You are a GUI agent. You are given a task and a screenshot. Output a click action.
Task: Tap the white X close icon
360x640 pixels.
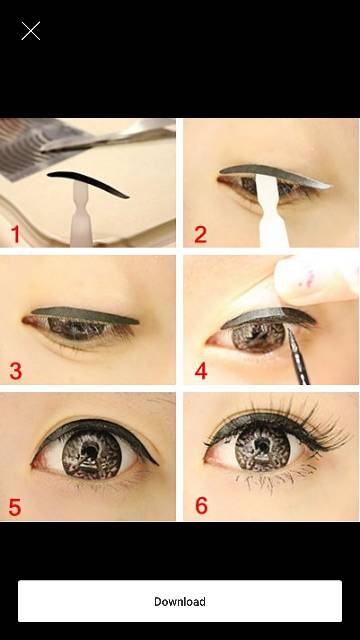click(x=31, y=31)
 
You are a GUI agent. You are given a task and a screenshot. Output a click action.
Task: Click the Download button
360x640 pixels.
click(x=180, y=601)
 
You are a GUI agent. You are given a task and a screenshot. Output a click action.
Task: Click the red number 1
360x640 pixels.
click(x=15, y=235)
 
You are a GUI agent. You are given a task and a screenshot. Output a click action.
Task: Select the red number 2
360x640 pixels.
click(x=200, y=235)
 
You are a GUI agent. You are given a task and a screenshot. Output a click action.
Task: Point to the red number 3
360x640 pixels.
click(x=16, y=371)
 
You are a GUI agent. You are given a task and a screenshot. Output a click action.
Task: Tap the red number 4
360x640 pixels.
click(x=201, y=371)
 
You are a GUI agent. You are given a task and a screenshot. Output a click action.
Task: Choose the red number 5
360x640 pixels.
click(x=15, y=507)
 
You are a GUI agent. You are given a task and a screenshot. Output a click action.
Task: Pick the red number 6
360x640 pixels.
click(x=201, y=505)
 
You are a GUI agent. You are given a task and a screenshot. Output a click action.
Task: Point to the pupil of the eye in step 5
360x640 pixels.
click(x=89, y=450)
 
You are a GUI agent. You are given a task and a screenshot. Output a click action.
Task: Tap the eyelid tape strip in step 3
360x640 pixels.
click(x=85, y=315)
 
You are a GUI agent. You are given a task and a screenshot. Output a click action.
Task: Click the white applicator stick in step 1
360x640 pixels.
click(x=82, y=214)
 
